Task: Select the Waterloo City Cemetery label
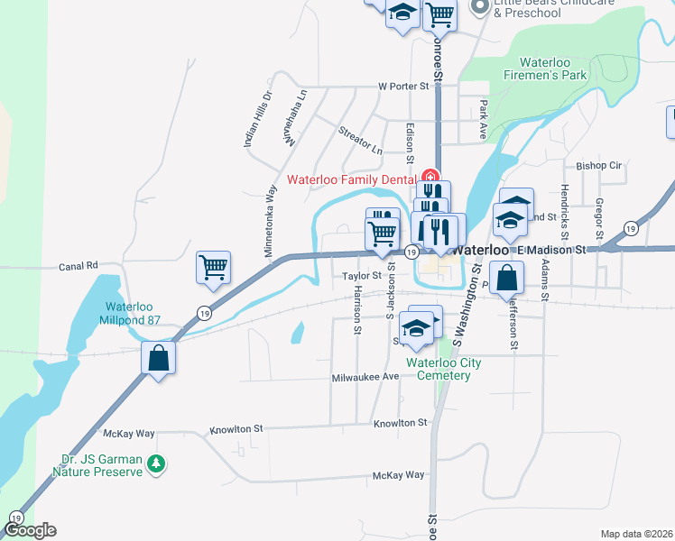click(x=443, y=369)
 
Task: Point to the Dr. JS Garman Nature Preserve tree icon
click(x=158, y=463)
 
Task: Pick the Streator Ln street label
click(x=360, y=139)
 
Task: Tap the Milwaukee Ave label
click(x=365, y=377)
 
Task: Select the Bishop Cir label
click(x=599, y=166)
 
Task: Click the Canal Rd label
click(x=79, y=266)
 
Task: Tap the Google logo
click(x=30, y=531)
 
